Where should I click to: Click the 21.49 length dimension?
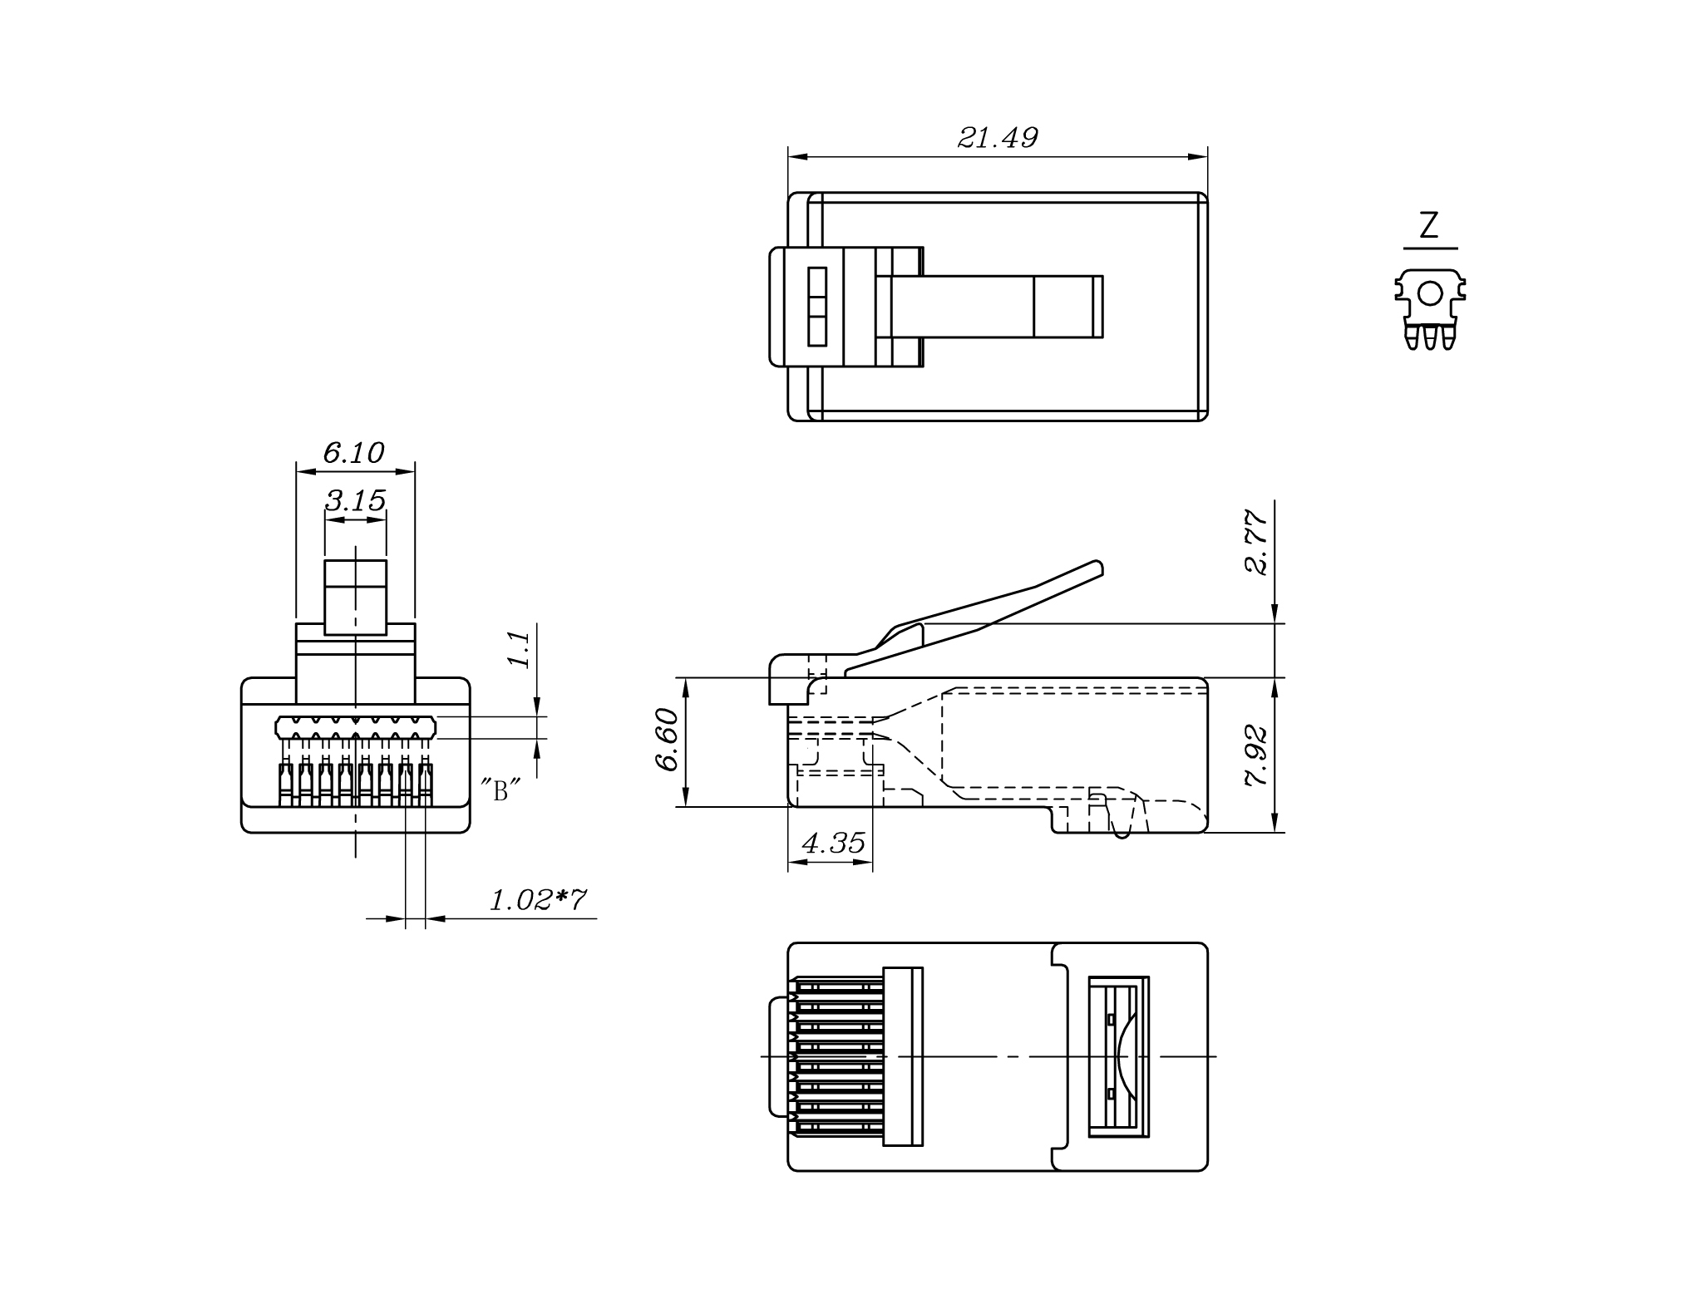[x=998, y=138]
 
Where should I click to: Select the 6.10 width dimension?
[x=353, y=453]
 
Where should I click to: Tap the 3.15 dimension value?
[x=355, y=500]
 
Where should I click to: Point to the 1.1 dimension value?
[x=520, y=649]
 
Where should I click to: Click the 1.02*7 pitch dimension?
[x=538, y=900]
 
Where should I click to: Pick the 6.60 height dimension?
[x=668, y=740]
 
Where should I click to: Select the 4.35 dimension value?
[x=833, y=844]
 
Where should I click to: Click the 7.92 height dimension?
[x=1256, y=756]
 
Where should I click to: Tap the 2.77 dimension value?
[x=1256, y=542]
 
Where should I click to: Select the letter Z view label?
[x=1429, y=226]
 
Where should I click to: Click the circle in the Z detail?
[x=1430, y=293]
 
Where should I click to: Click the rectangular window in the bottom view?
[x=1119, y=1056]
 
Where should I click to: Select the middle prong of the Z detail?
[x=1430, y=337]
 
